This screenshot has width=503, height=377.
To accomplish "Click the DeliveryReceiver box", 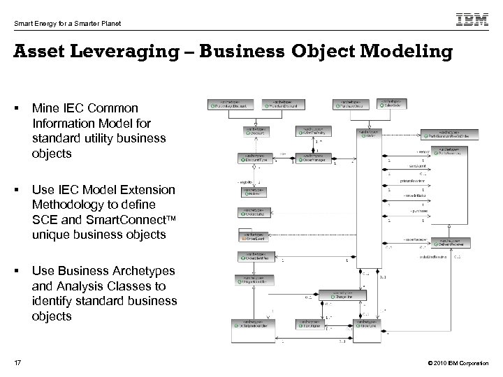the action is pyautogui.click(x=451, y=243).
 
